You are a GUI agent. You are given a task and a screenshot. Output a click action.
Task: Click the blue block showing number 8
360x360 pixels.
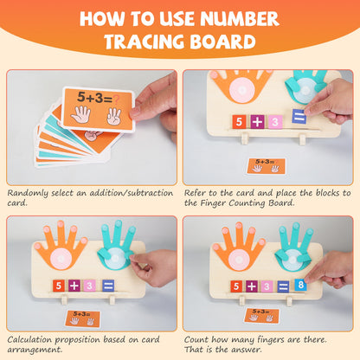(299, 284)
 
